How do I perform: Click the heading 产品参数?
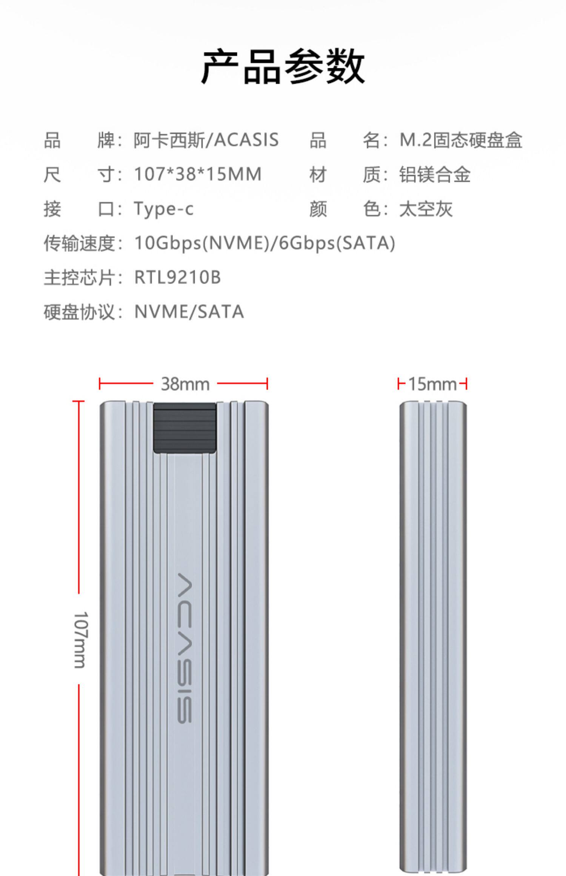pyautogui.click(x=283, y=67)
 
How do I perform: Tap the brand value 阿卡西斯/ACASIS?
pyautogui.click(x=206, y=140)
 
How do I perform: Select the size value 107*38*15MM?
pyautogui.click(x=198, y=174)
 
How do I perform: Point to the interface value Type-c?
pyautogui.click(x=164, y=209)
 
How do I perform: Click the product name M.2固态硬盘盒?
pyautogui.click(x=461, y=140)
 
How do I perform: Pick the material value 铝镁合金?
pyautogui.click(x=435, y=174)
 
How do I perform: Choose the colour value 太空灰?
pyautogui.click(x=426, y=209)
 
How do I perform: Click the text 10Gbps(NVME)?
pyautogui.click(x=202, y=243)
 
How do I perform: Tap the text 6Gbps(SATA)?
pyautogui.click(x=337, y=243)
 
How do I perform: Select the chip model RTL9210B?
pyautogui.click(x=177, y=277)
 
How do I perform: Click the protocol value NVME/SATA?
pyautogui.click(x=189, y=312)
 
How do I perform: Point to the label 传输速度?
pyautogui.click(x=79, y=243)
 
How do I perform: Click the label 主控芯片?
pyautogui.click(x=79, y=277)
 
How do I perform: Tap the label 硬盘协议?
pyautogui.click(x=79, y=312)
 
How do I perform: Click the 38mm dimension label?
pyautogui.click(x=185, y=384)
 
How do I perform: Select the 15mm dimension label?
pyautogui.click(x=432, y=384)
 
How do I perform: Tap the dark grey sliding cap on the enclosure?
pyautogui.click(x=185, y=428)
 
